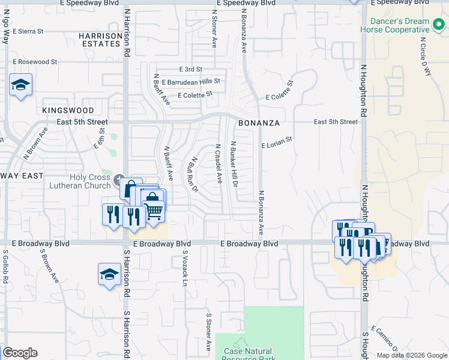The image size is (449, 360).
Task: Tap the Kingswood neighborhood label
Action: point(68,111)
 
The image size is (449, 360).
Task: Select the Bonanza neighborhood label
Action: point(259,123)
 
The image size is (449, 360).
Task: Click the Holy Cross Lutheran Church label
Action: point(81,181)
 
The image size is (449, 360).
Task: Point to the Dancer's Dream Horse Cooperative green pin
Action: point(439,25)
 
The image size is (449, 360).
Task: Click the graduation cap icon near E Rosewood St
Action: point(20,85)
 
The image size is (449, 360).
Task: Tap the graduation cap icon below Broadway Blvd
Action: point(109,274)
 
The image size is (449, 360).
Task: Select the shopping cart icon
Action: point(154,210)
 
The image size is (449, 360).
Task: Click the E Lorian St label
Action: point(276,142)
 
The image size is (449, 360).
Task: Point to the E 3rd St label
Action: point(190,70)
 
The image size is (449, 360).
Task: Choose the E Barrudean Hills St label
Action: point(190,82)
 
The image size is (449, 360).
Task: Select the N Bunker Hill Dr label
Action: point(234,163)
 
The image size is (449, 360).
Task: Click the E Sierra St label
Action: point(28,31)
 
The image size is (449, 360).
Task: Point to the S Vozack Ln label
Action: point(185,268)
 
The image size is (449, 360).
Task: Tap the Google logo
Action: point(20,353)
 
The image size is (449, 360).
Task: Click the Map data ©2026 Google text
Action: point(412,355)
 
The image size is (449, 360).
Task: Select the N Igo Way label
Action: point(6,29)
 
